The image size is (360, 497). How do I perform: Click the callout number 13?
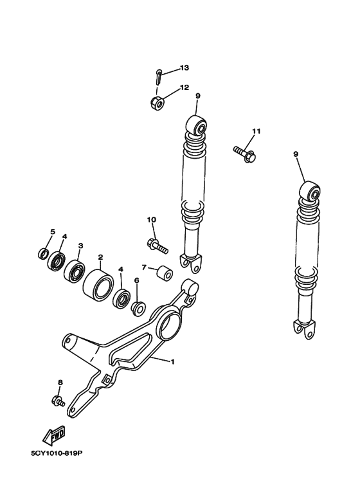pyautogui.click(x=184, y=68)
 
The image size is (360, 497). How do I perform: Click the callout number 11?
pyautogui.click(x=256, y=131)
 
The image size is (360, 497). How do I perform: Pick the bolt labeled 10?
pyautogui.click(x=157, y=245)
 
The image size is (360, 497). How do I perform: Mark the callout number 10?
pyautogui.click(x=152, y=220)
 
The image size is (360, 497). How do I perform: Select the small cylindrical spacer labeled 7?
pyautogui.click(x=165, y=274)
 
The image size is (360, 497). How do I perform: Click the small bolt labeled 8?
pyautogui.click(x=59, y=401)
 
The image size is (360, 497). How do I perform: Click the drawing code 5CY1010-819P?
pyautogui.click(x=57, y=454)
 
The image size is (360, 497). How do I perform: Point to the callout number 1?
pyautogui.click(x=172, y=361)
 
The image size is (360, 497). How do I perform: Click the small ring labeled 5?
pyautogui.click(x=43, y=253)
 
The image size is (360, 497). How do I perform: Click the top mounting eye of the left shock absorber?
pyautogui.click(x=198, y=125)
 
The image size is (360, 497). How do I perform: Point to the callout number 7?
pyautogui.click(x=145, y=267)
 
